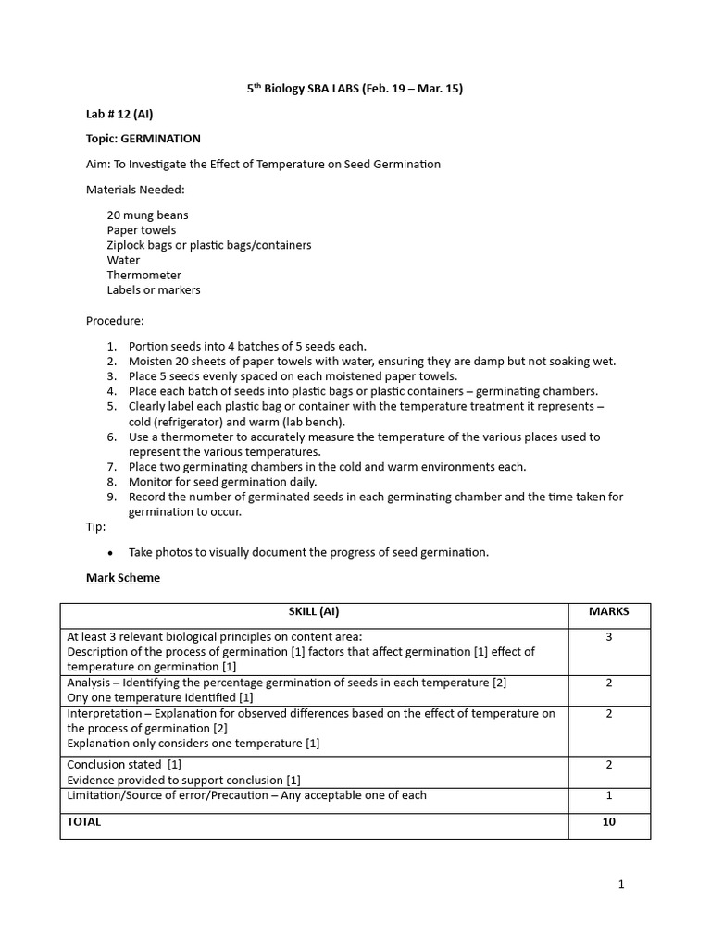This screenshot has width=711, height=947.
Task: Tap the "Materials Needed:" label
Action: click(x=123, y=190)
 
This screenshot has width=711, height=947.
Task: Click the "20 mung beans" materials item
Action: click(x=147, y=215)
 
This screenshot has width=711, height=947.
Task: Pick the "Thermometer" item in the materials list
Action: click(x=143, y=275)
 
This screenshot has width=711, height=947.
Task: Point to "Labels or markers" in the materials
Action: click(x=153, y=289)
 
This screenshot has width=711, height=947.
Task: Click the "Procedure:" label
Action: click(x=115, y=321)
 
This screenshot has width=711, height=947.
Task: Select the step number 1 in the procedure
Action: click(x=110, y=346)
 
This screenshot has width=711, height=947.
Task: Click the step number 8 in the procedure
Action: click(x=110, y=482)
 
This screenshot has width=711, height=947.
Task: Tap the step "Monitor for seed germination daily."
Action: click(x=222, y=482)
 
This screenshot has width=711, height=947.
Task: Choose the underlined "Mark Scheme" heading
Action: click(x=122, y=578)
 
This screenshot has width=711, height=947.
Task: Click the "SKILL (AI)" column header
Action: click(x=313, y=611)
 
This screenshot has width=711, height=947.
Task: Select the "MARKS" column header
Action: click(x=608, y=611)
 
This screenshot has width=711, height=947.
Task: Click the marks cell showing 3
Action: click(x=608, y=637)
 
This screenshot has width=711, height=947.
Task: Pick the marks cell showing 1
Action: click(x=608, y=795)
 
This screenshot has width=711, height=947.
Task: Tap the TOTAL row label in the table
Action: click(x=84, y=821)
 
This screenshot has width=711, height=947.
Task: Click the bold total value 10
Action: click(x=608, y=821)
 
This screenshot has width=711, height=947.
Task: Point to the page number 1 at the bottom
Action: click(x=621, y=884)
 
